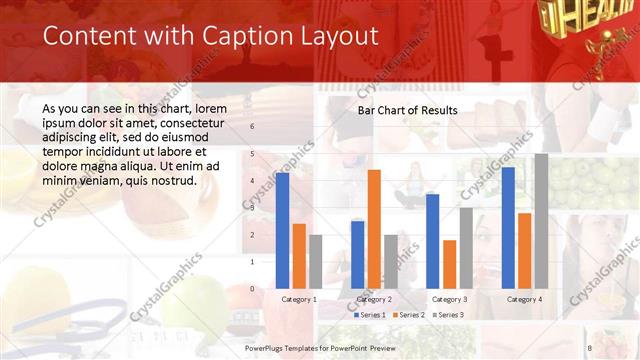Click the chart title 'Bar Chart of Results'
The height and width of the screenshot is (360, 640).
(408, 110)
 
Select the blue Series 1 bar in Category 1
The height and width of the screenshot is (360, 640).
(283, 230)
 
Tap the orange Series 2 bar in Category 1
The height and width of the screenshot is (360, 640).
(299, 256)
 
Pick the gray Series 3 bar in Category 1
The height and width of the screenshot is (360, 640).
(316, 261)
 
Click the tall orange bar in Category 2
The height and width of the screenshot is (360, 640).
(374, 229)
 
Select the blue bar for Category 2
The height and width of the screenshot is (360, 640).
(358, 254)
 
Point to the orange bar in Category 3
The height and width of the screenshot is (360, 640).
(449, 264)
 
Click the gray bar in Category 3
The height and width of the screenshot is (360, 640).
(466, 248)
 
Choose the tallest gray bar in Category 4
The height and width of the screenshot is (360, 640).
(541, 221)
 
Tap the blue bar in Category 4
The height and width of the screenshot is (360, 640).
(508, 227)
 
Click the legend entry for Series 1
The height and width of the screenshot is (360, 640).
(370, 315)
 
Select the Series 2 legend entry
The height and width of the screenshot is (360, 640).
(410, 315)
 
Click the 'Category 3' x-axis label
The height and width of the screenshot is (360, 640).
(449, 299)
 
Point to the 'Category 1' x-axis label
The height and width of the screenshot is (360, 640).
(299, 299)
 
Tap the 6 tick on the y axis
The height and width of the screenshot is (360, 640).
(252, 127)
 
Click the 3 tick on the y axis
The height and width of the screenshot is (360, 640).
(252, 208)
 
